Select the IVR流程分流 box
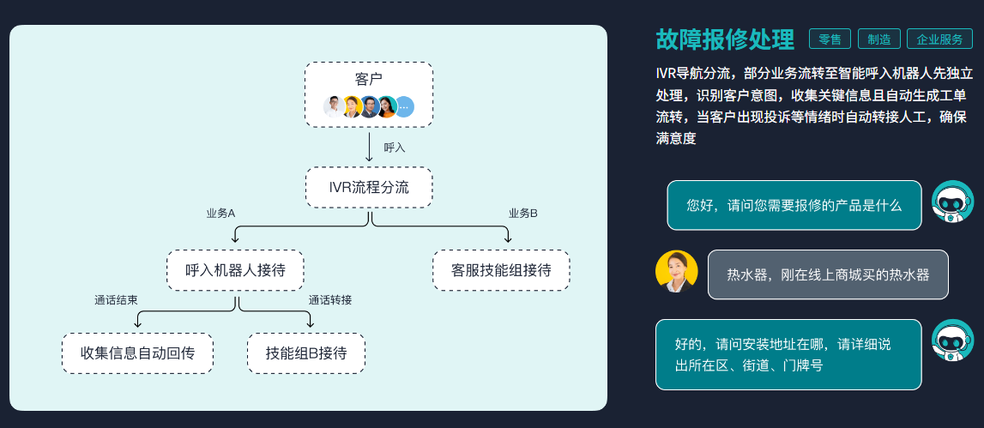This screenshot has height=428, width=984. pyautogui.click(x=369, y=187)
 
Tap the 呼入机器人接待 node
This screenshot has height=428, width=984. pyautogui.click(x=235, y=270)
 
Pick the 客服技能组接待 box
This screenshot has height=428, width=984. pyautogui.click(x=501, y=270)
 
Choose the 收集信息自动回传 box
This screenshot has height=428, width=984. pyautogui.click(x=137, y=353)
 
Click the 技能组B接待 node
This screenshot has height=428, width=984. pyautogui.click(x=306, y=353)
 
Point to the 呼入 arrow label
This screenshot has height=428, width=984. pyautogui.click(x=394, y=148)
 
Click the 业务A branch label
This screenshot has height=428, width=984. pyautogui.click(x=220, y=213)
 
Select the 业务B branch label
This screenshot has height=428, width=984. pyautogui.click(x=522, y=213)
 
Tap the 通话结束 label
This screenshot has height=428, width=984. pyautogui.click(x=116, y=300)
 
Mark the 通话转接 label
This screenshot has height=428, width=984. pyautogui.click(x=330, y=300)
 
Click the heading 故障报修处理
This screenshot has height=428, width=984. pyautogui.click(x=725, y=39)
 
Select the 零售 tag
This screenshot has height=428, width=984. pyautogui.click(x=830, y=39)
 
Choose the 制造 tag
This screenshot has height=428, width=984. pyautogui.click(x=878, y=39)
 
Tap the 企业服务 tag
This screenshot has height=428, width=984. pyautogui.click(x=939, y=39)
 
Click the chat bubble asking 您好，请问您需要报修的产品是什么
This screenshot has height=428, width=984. pyautogui.click(x=794, y=205)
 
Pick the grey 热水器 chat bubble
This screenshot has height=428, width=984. pyautogui.click(x=827, y=274)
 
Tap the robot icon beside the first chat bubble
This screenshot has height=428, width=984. pyautogui.click(x=952, y=202)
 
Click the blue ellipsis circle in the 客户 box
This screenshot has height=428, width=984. pyautogui.click(x=404, y=107)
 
